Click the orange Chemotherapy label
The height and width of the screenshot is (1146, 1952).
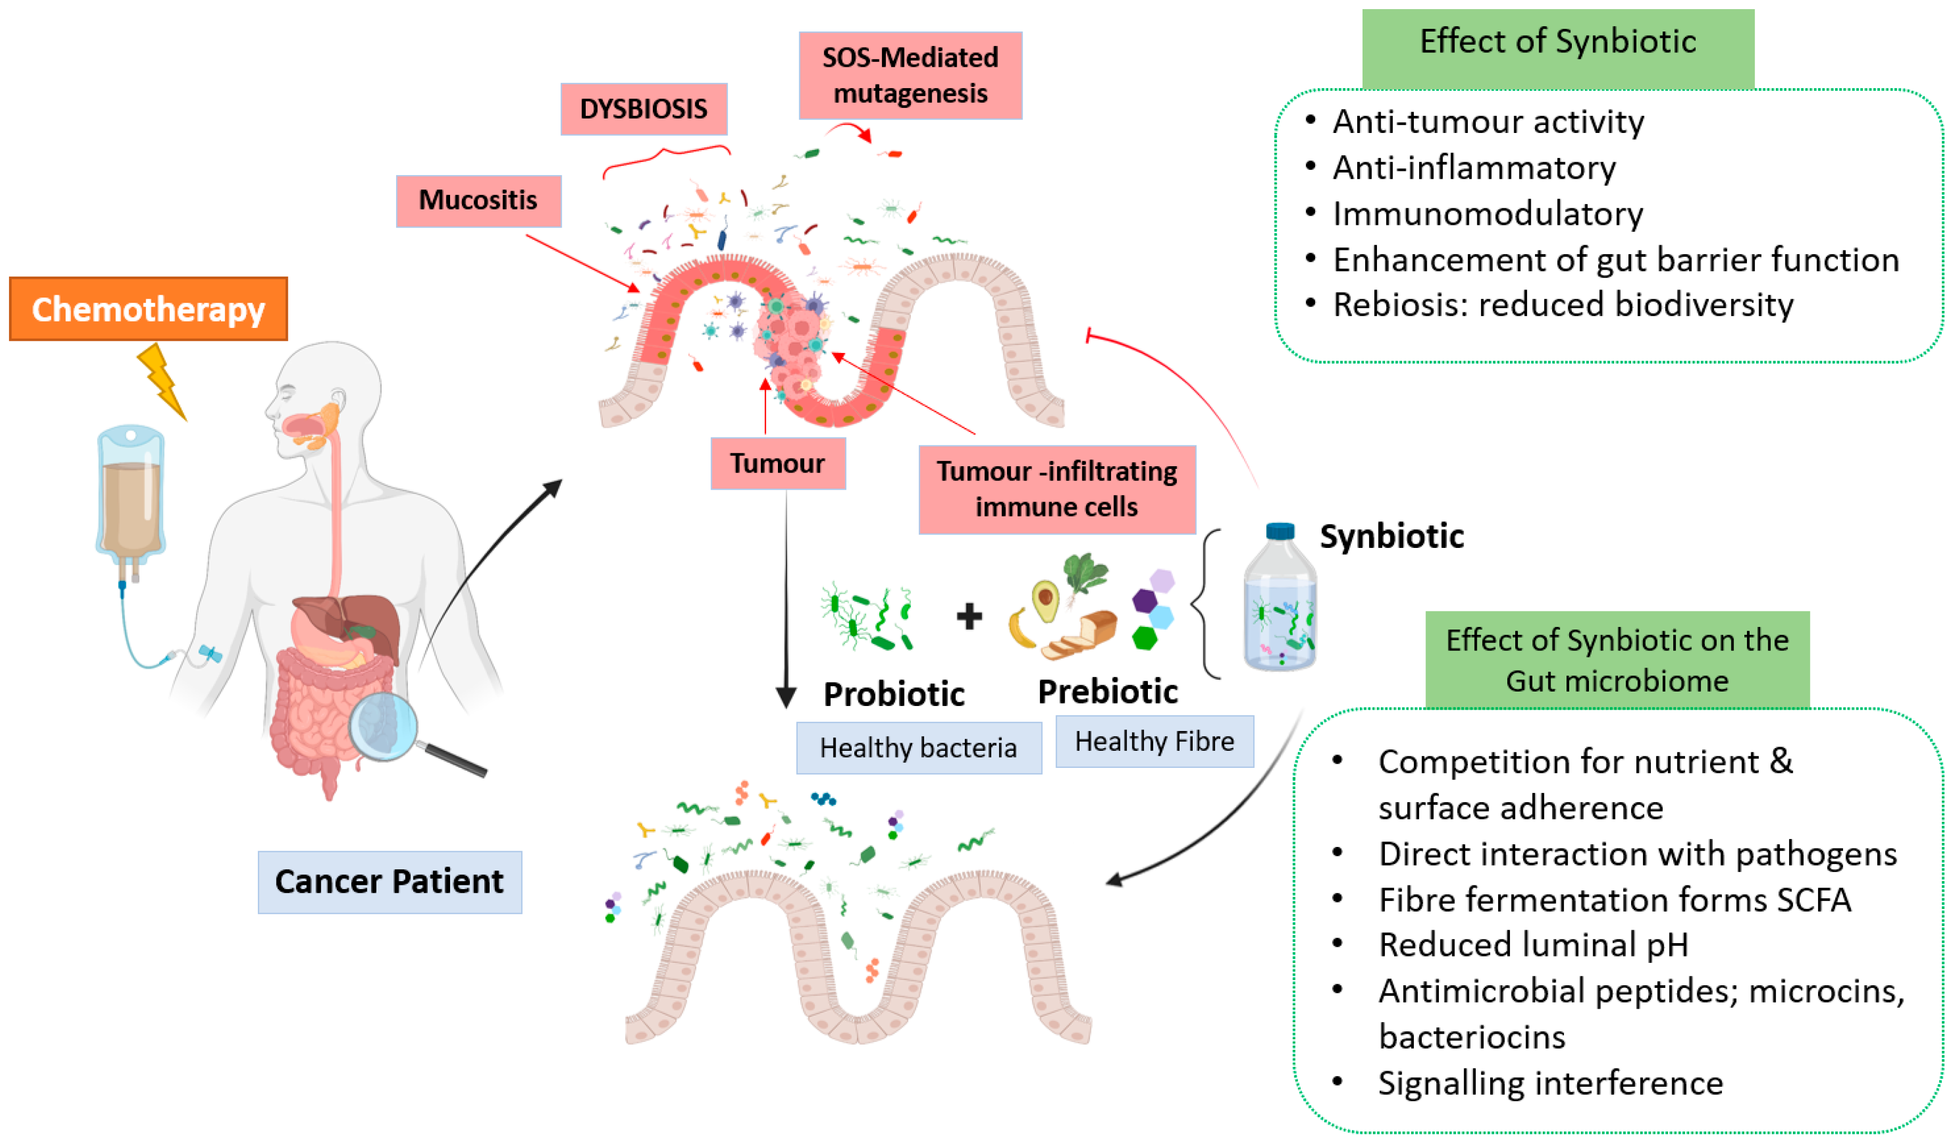pos(148,309)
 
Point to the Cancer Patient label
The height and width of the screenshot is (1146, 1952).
pos(390,882)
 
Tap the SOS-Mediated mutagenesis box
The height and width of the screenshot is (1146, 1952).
pos(910,75)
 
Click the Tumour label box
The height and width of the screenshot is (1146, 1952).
pos(778,464)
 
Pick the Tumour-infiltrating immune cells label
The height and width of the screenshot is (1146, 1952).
pos(1057,489)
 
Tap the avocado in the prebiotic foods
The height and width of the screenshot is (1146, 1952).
pos(1046,601)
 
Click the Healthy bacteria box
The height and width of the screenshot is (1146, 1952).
pos(919,748)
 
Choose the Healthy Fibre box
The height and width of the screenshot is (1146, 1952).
pos(1154,742)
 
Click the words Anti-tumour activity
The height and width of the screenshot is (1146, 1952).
pos(1487,122)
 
